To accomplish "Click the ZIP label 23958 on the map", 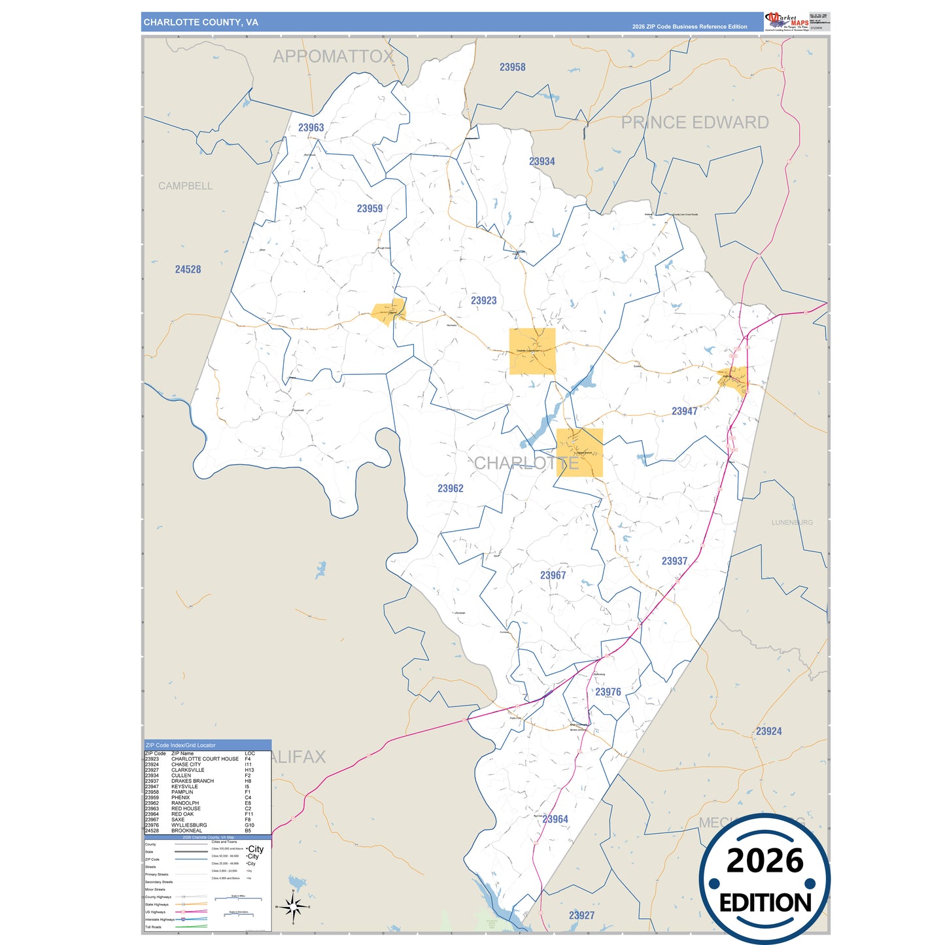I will click(x=512, y=67).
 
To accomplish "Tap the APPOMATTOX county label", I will click(x=333, y=57).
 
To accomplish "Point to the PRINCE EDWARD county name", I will click(x=695, y=122).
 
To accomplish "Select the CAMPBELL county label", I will click(x=185, y=186).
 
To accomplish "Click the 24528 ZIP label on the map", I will click(x=188, y=269).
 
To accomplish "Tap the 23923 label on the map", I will click(x=483, y=301).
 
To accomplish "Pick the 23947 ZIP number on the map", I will click(x=684, y=411).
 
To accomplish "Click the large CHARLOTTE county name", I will click(x=526, y=463).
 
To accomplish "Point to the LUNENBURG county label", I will click(x=792, y=523).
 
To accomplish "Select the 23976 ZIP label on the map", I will click(x=608, y=692).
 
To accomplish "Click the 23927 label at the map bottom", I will click(x=581, y=916).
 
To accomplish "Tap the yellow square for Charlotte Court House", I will click(x=532, y=351).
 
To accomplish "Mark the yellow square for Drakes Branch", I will click(x=579, y=453).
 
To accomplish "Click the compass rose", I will click(x=293, y=906).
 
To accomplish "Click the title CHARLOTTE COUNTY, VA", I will click(x=201, y=22).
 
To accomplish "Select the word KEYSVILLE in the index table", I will click(x=184, y=787).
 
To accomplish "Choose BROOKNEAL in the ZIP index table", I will click(x=186, y=831).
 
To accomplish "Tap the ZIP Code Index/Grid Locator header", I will click(x=180, y=745).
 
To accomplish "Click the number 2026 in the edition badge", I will click(x=765, y=861).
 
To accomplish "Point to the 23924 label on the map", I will click(x=768, y=731).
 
